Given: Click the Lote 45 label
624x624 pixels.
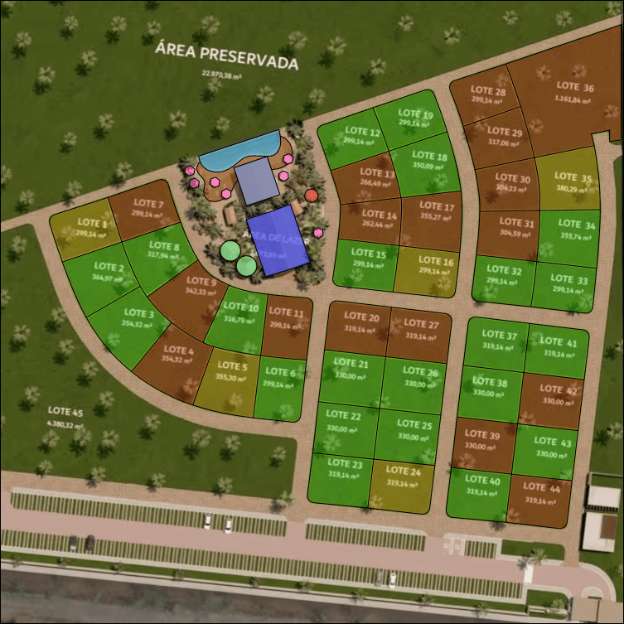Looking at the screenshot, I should (65, 414).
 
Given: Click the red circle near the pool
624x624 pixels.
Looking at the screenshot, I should (311, 196).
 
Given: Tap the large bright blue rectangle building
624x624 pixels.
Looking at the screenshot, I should (278, 240).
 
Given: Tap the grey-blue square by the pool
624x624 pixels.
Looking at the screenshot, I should (258, 181).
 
